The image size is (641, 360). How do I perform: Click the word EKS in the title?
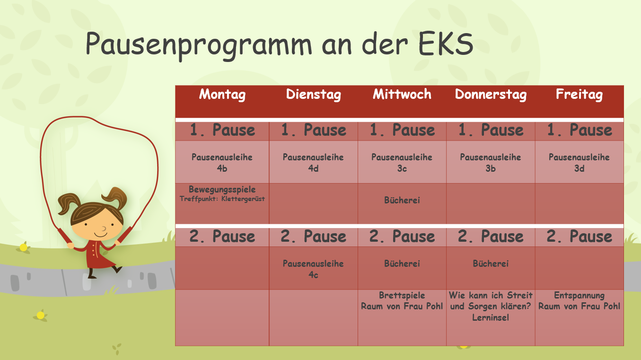pos(446,44)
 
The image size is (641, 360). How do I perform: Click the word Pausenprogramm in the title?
pos(199,45)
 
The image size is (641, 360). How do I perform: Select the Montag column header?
pos(222,95)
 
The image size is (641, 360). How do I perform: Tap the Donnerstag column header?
pos(491,95)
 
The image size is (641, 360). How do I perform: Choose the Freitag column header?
pos(579,95)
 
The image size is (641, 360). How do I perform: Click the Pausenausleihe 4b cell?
pos(222,163)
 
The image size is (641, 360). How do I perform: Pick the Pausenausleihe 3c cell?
pos(402,163)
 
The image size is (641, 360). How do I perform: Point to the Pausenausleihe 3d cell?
pos(579,163)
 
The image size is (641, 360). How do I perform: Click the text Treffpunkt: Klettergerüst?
pos(222,199)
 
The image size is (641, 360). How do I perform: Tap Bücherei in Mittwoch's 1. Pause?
pos(402,200)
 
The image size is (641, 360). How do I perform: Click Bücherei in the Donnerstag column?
pos(491,263)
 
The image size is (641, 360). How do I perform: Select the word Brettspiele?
pos(402,295)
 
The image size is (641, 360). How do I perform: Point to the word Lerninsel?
pos(491,317)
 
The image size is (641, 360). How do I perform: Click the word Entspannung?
pos(580,295)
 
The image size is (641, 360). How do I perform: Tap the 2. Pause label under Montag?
pos(222,237)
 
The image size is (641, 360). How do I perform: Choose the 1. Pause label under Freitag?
pos(580,130)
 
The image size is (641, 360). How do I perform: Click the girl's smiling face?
pos(98,225)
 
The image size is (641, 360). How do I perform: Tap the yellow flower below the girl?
pos(41,315)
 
